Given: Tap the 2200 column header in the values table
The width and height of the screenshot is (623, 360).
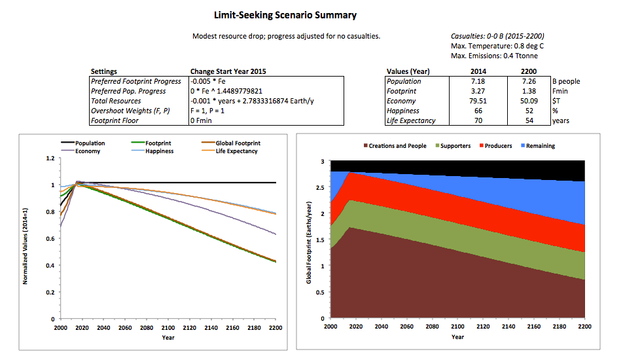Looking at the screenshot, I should (528, 71).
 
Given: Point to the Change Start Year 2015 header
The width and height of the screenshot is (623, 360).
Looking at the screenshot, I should (228, 71).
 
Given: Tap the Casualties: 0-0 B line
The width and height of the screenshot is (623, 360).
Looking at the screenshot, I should (497, 36).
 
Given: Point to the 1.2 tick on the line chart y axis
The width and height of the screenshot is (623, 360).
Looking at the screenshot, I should (50, 158).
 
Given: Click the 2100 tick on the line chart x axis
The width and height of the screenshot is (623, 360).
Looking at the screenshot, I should (167, 327).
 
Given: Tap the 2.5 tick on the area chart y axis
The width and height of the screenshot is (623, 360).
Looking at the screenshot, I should (319, 187).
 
